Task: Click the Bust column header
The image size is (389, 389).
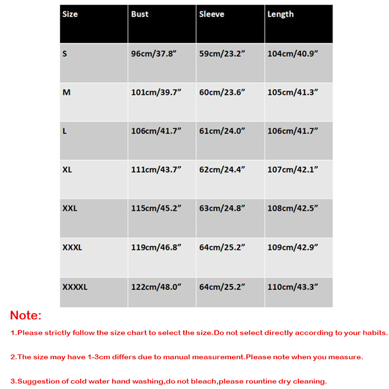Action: coord(140,14)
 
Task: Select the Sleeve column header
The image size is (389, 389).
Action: coord(212,14)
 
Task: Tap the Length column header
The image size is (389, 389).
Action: coord(281,14)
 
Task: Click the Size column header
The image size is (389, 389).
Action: coord(70,14)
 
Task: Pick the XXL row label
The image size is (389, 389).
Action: coord(70,209)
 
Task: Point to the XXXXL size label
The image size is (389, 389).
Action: coord(75,287)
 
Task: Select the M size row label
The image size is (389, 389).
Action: coord(67,92)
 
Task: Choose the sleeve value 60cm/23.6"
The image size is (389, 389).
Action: coord(222,92)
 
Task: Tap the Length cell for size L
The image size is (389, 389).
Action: coord(293,131)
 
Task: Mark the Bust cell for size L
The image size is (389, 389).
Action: coord(156,131)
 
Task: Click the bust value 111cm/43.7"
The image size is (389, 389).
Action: coord(156,170)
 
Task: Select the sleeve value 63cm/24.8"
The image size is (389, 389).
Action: coord(222,209)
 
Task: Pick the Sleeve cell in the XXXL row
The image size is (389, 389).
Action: coord(222,248)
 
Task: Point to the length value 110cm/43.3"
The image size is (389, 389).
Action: coord(293,287)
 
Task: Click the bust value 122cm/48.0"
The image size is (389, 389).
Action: coord(156,287)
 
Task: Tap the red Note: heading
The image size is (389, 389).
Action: coord(26,315)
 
